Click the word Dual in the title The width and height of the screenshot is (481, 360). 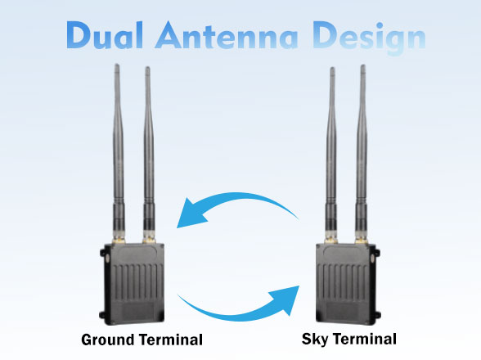pyautogui.click(x=105, y=35)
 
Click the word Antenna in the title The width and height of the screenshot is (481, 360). pyautogui.click(x=227, y=35)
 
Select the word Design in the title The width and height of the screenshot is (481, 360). pyautogui.click(x=370, y=38)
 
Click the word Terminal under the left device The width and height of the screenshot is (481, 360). pyautogui.click(x=170, y=340)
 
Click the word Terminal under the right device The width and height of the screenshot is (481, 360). pyautogui.click(x=365, y=339)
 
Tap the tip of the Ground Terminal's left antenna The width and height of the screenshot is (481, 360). pyautogui.click(x=116, y=65)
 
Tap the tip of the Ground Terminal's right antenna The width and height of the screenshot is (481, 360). pyautogui.click(x=147, y=68)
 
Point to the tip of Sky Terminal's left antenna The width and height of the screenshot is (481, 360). pyautogui.click(x=332, y=69)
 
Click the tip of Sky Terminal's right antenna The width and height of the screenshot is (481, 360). pyautogui.click(x=363, y=65)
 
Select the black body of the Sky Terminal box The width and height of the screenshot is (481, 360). pyautogui.click(x=346, y=282)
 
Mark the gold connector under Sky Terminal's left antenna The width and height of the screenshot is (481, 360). pyautogui.click(x=331, y=239)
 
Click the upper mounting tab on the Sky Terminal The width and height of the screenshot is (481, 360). pyautogui.click(x=377, y=254)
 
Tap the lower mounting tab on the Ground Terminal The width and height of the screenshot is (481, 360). pyautogui.click(x=102, y=315)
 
